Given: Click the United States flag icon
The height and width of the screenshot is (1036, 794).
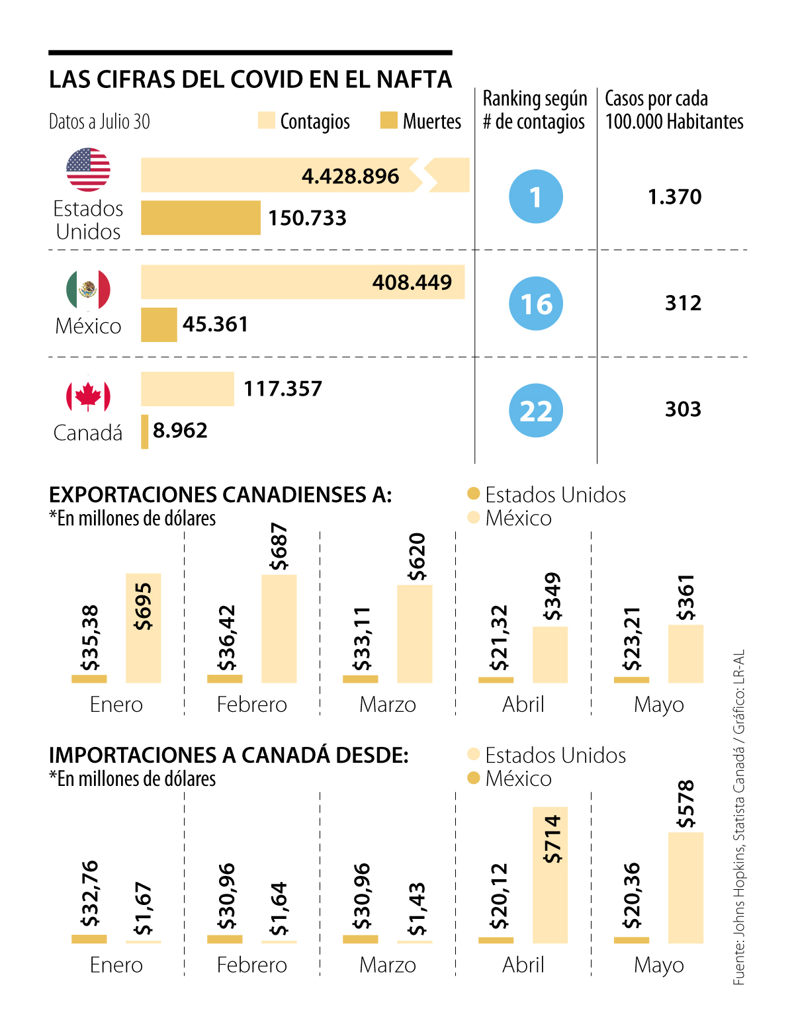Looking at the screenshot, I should tap(88, 169).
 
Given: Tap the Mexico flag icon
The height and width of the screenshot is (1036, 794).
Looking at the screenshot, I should tap(88, 289).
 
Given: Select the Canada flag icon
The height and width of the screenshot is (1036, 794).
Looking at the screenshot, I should tap(88, 396).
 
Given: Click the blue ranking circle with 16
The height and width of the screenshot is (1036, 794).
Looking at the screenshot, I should tap(536, 304).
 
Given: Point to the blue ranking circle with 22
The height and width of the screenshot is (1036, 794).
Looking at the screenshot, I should tap(536, 411).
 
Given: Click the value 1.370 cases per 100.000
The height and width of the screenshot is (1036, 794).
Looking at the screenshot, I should tap(674, 197).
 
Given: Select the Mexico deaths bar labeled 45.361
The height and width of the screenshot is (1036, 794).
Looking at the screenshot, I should tap(159, 325).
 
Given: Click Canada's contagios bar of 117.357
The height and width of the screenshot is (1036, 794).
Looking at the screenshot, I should tap(187, 389).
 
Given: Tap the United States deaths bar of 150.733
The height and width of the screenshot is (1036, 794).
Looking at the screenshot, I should tap(200, 218).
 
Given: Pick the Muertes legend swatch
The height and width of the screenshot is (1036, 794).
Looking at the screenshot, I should tap(389, 120).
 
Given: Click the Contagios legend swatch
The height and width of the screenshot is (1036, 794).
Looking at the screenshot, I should tap(266, 120).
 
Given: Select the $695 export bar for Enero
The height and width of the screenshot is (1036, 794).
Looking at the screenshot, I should tap(144, 628).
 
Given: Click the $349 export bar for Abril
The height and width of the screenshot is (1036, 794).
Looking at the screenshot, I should tap(550, 654).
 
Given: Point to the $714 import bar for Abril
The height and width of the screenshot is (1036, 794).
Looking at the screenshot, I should tap(550, 875).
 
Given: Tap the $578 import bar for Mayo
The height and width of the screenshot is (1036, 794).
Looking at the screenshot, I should tap(685, 887).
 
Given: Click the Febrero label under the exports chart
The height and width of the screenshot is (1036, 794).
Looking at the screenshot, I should tap(252, 705).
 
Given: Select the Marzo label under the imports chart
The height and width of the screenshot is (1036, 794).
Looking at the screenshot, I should tap(388, 965).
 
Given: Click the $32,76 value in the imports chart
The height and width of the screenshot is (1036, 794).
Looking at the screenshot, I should tap(89, 893).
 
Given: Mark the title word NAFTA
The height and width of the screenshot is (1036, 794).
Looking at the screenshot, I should tap(414, 80).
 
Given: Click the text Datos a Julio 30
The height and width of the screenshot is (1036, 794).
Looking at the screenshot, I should tap(100, 122).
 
